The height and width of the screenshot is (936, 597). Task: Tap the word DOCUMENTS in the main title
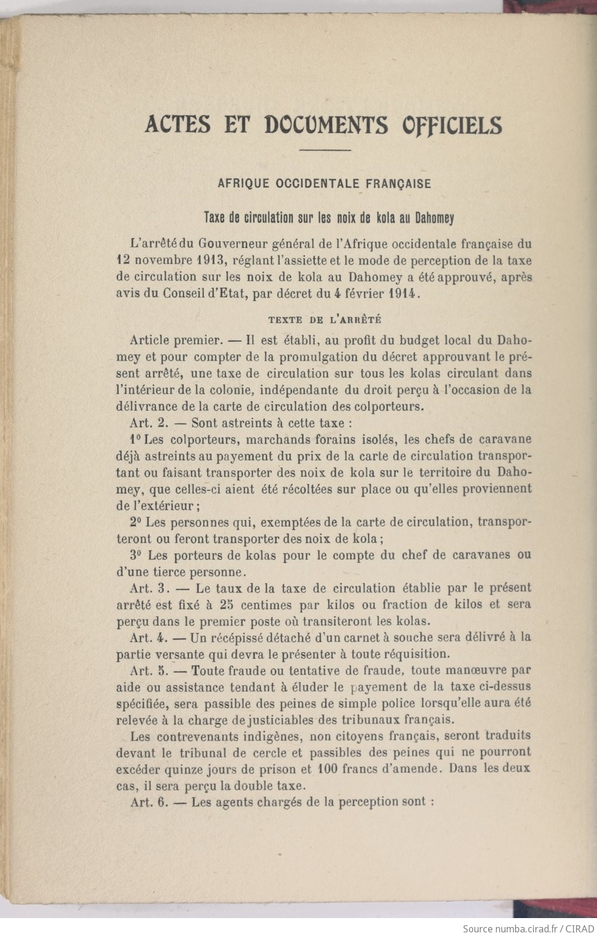pos(326,125)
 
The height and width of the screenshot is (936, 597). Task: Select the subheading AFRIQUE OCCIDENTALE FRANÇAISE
pos(324,183)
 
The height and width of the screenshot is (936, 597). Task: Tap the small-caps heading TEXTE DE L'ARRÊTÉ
pos(325,320)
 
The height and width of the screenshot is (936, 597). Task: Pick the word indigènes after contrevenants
pos(240,736)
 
